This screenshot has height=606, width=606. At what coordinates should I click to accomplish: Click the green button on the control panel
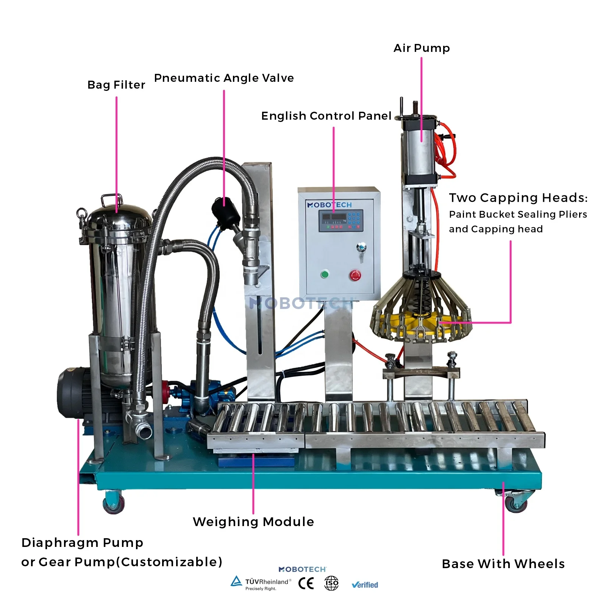(325, 274)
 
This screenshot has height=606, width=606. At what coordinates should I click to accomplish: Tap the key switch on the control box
(361, 248)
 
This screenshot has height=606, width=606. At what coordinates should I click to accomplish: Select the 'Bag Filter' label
(116, 85)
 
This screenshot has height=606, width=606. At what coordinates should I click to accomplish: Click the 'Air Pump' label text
(422, 48)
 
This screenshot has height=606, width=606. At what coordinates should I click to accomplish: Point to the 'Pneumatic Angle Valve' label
(224, 78)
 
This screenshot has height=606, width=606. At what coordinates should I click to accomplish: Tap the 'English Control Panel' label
(326, 116)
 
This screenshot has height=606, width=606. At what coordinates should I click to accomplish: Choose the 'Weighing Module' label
(253, 522)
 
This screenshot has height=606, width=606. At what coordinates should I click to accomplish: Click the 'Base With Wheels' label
(503, 564)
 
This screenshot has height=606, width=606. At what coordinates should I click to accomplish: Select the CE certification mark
(306, 583)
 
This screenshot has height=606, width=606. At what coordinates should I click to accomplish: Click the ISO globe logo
(331, 583)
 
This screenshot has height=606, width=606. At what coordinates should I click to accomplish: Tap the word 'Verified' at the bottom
(365, 585)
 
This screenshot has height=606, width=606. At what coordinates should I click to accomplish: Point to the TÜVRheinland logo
(261, 583)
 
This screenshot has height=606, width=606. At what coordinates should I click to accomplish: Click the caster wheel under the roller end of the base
(516, 504)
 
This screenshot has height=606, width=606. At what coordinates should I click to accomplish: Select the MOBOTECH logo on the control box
(330, 205)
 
